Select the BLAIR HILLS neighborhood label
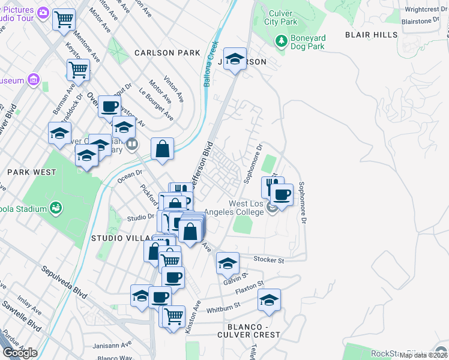coord(371,35)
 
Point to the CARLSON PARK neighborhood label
coord(167,53)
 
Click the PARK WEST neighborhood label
coord(32,172)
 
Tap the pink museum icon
coord(33,80)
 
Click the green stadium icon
coord(56,208)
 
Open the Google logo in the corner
coord(20,352)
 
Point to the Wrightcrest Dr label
coord(422,9)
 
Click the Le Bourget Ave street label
coord(156,103)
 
